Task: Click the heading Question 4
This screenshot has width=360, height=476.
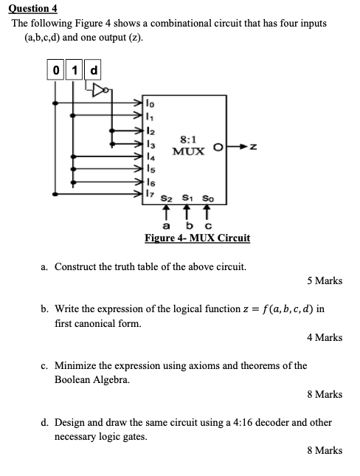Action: click(32, 8)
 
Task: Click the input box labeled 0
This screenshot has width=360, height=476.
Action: click(57, 71)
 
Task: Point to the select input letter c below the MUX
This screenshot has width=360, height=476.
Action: click(209, 224)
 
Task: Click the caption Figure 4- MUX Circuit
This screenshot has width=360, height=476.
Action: click(197, 238)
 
